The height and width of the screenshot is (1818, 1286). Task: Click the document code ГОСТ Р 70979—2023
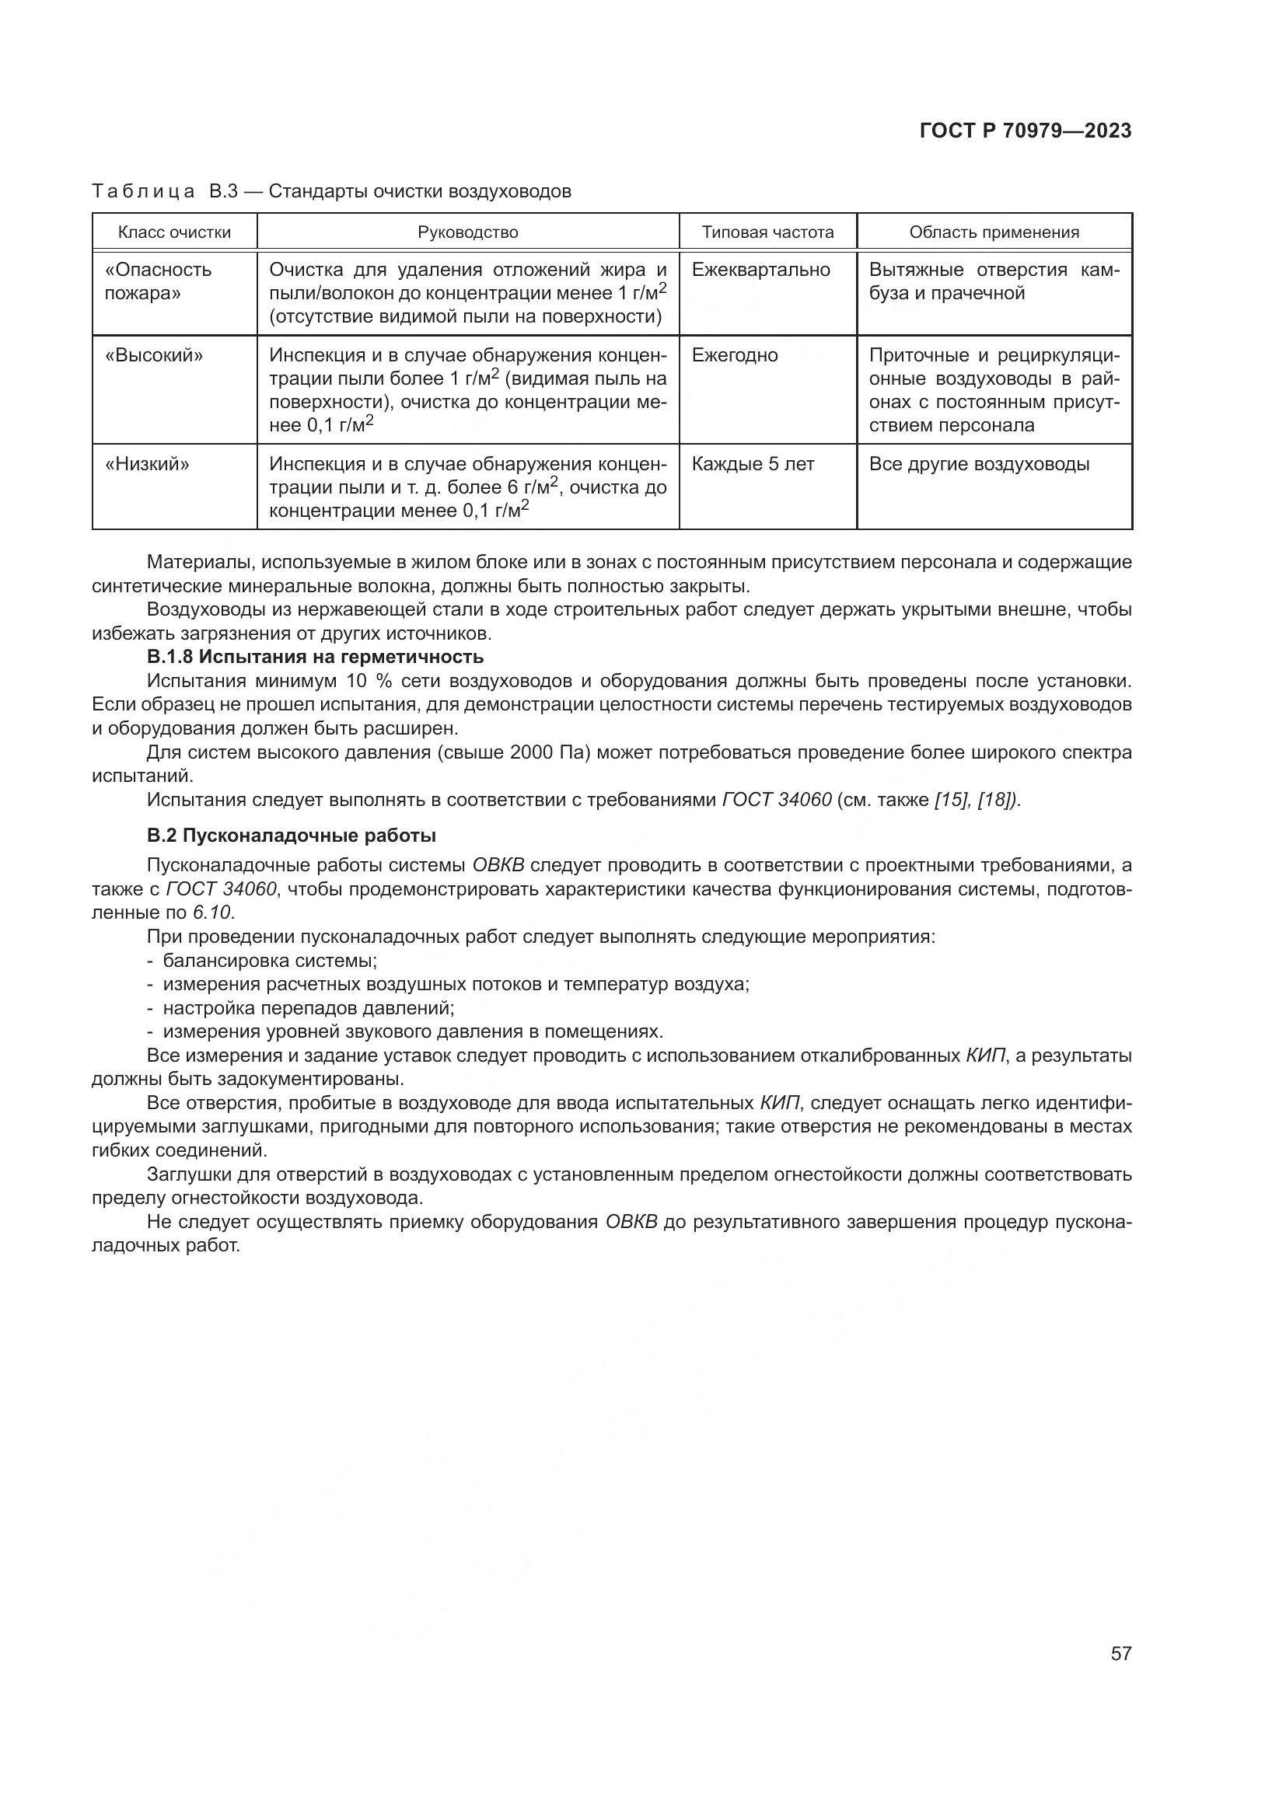(1025, 131)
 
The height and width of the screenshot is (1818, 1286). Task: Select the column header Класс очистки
(174, 232)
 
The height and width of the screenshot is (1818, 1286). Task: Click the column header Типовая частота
(767, 232)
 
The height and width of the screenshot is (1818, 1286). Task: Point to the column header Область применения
(994, 232)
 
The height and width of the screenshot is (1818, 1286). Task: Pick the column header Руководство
(468, 232)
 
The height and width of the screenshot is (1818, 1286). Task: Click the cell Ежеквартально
(760, 270)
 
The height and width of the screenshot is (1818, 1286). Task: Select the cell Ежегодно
(734, 355)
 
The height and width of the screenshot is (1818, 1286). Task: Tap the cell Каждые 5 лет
(753, 464)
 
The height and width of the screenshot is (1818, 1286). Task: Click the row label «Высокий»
(154, 355)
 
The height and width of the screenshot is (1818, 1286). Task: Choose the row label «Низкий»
(147, 464)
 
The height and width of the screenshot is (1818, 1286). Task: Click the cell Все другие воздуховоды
(979, 464)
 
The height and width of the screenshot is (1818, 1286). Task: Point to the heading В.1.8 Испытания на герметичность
(315, 658)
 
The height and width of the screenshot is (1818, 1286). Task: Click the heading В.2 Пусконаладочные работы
(292, 836)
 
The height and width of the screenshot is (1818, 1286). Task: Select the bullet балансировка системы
(269, 961)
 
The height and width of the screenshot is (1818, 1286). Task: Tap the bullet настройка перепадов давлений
(308, 1009)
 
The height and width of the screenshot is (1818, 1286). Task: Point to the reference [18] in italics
(998, 800)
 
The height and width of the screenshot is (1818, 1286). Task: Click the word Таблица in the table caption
(143, 192)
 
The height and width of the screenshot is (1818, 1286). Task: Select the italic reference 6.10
(212, 913)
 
